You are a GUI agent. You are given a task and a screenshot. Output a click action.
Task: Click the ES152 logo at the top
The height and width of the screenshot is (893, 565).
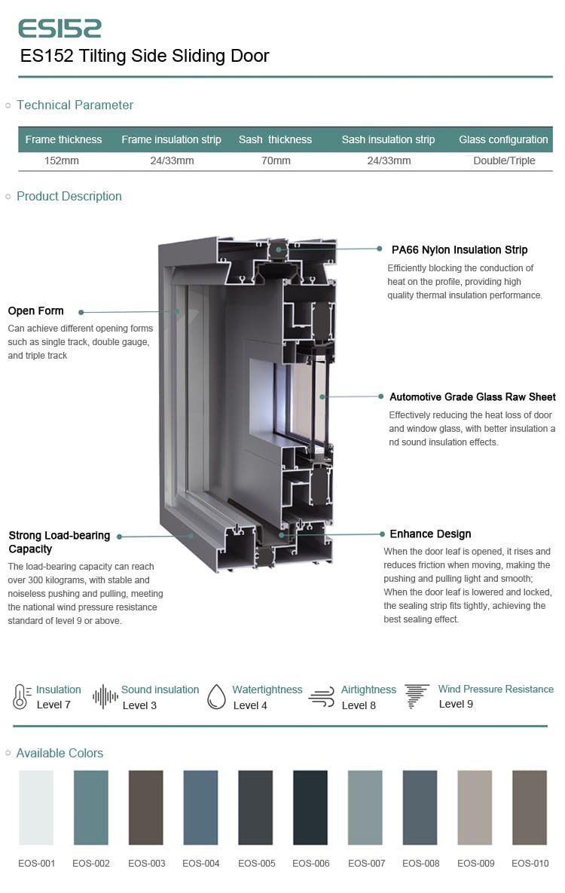coord(60,29)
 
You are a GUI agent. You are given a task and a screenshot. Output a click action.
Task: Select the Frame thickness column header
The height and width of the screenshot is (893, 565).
coord(63,139)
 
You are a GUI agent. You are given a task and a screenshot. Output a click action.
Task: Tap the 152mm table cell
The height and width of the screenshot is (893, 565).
coord(62,161)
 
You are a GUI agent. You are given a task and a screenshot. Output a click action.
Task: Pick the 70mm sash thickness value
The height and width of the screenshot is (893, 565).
coord(275,161)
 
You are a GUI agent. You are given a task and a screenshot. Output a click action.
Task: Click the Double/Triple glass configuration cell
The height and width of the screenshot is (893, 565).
coord(504,161)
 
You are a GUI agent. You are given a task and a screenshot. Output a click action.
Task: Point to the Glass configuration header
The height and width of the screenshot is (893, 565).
coord(503,139)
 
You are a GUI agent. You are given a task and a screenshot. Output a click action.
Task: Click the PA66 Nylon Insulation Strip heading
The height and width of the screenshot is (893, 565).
coord(460,249)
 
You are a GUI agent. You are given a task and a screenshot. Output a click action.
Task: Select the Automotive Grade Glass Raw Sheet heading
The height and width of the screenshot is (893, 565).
coord(472,396)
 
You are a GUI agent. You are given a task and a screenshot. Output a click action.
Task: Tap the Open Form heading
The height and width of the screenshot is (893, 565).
coord(35,310)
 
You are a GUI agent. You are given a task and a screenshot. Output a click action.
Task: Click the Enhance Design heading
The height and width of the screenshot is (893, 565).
coord(430,534)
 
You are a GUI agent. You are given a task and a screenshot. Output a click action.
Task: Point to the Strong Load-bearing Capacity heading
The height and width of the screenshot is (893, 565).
coord(59,542)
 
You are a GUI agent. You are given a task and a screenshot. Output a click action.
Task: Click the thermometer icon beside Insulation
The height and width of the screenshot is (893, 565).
coord(20,696)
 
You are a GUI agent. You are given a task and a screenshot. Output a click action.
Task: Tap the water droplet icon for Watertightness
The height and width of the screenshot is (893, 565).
coord(216,696)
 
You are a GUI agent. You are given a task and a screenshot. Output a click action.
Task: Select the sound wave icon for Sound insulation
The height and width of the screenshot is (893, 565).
coord(105,696)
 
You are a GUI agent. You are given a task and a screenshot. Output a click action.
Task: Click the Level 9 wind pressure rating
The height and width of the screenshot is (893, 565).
coord(456,704)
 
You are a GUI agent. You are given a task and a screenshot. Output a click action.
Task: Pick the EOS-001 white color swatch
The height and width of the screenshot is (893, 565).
coord(36,807)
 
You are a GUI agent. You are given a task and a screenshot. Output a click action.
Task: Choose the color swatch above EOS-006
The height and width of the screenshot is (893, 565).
coord(310,807)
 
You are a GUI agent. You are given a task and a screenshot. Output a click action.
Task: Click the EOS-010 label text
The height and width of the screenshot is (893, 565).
coord(530,863)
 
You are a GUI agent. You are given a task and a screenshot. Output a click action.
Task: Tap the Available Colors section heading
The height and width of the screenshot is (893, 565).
coord(60,753)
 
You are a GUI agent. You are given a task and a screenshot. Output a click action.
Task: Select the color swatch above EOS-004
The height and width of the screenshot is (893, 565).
coord(200,807)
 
